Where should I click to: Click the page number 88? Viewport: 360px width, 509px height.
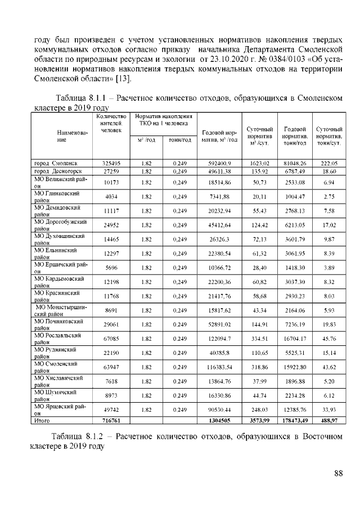pyautogui.click(x=338, y=473)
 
